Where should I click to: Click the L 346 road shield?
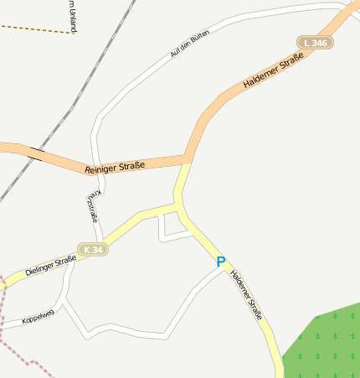click(316, 42)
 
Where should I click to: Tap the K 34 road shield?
click(93, 250)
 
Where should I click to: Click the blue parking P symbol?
click(221, 261)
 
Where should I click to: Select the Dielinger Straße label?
click(50, 266)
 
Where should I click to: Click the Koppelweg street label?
click(38, 317)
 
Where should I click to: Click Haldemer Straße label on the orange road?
click(273, 72)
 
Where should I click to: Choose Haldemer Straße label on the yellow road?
click(247, 295)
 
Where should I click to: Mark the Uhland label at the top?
click(74, 17)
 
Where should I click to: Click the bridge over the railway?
click(35, 153)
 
